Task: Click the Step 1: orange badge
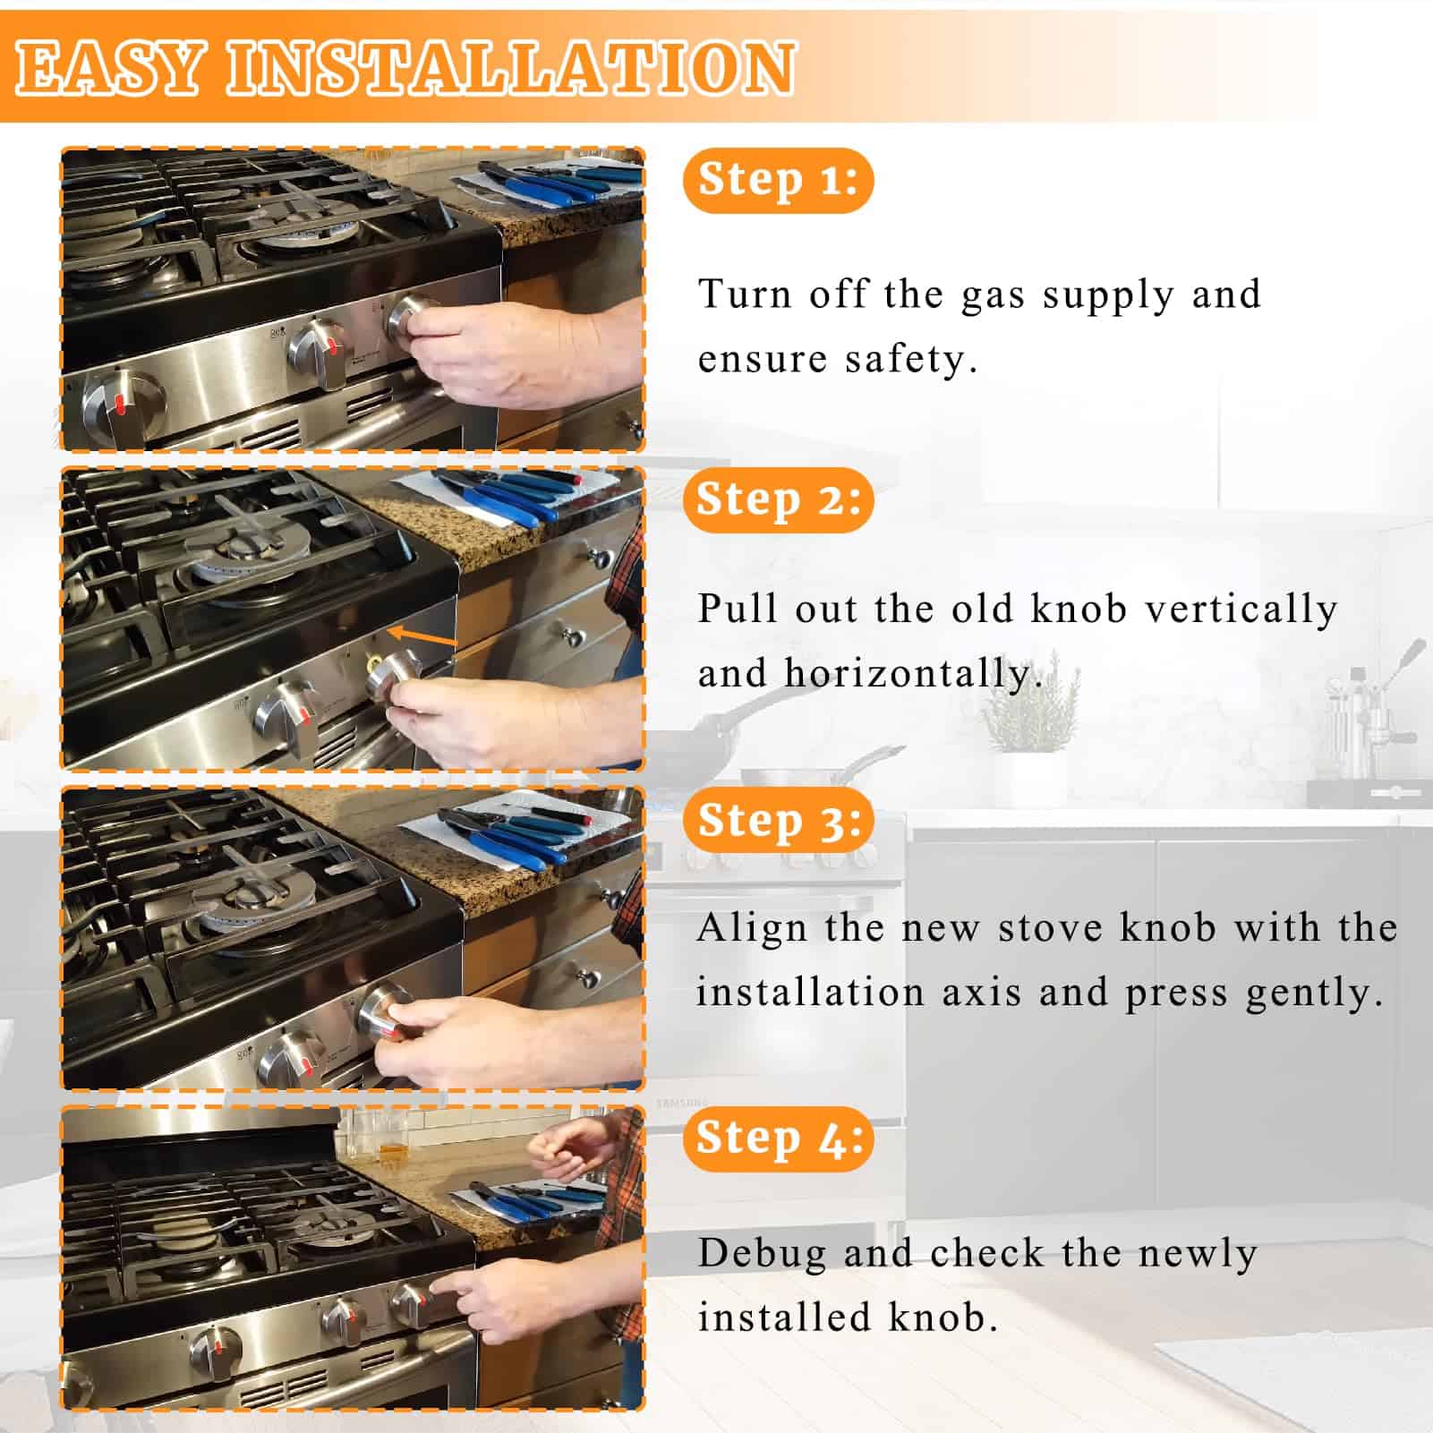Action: (x=778, y=180)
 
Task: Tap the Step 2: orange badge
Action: (x=778, y=499)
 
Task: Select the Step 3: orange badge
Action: (x=778, y=820)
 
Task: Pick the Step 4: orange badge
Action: (x=778, y=1139)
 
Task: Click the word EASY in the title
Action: (x=108, y=68)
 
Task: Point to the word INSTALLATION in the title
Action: (x=510, y=68)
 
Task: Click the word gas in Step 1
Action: (x=993, y=296)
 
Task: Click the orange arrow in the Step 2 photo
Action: (x=422, y=637)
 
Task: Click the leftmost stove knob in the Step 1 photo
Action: (x=123, y=405)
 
